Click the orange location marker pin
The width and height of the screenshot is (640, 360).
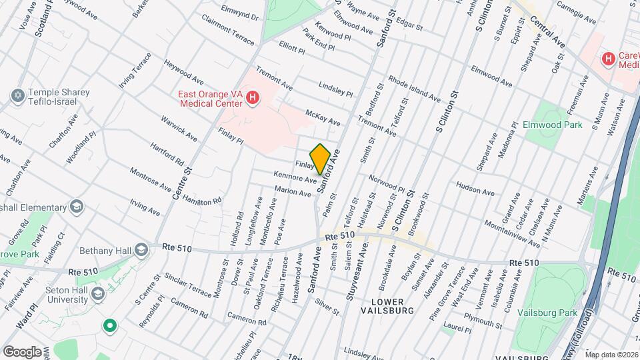coord(320,159)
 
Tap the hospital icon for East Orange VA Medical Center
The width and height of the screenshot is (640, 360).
coord(252,99)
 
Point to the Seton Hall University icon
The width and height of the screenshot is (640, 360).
coord(97,294)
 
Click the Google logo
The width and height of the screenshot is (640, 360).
coord(22,351)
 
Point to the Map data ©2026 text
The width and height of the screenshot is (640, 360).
coord(611,354)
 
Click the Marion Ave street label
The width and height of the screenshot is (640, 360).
coord(293,192)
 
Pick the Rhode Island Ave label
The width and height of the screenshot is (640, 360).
coord(414,87)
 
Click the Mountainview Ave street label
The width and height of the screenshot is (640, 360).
coord(512,233)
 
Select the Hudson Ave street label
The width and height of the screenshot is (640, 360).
coord(474,188)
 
